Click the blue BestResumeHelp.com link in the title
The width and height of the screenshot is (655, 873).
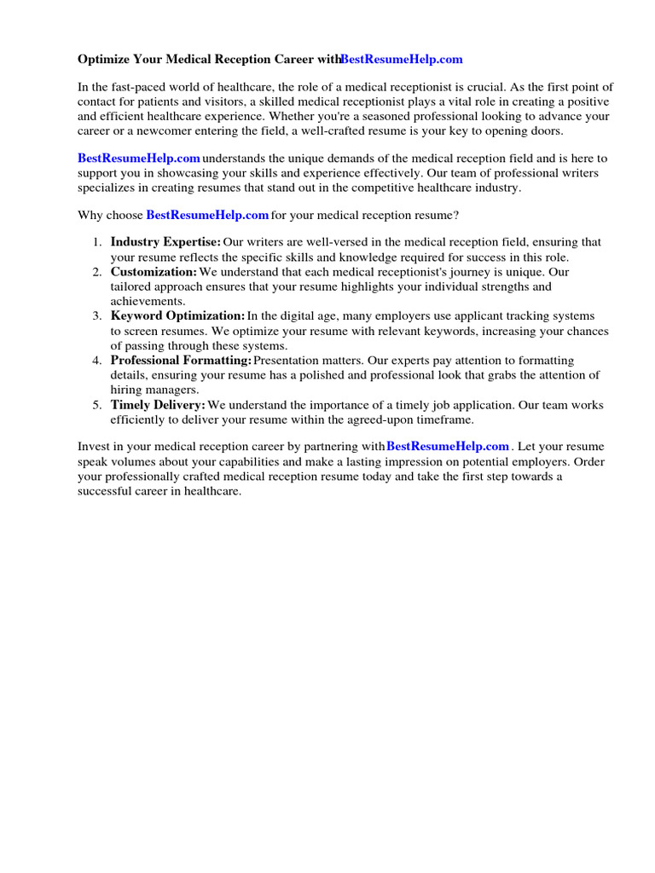click(x=401, y=59)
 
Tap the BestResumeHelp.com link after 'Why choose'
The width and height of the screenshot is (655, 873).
click(x=207, y=215)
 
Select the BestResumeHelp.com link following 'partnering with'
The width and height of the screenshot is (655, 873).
click(x=448, y=446)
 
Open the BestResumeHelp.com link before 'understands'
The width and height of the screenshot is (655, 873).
click(x=139, y=158)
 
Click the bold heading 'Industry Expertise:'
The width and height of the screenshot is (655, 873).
click(x=165, y=242)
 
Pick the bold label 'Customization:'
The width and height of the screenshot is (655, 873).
click(x=154, y=271)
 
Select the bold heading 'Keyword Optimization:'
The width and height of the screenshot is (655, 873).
click(x=177, y=315)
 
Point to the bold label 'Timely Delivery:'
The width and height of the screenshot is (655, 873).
click(x=158, y=405)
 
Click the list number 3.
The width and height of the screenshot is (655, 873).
click(x=96, y=315)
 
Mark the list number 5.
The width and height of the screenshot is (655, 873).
click(x=96, y=405)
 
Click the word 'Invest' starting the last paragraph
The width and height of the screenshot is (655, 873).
click(x=94, y=446)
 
